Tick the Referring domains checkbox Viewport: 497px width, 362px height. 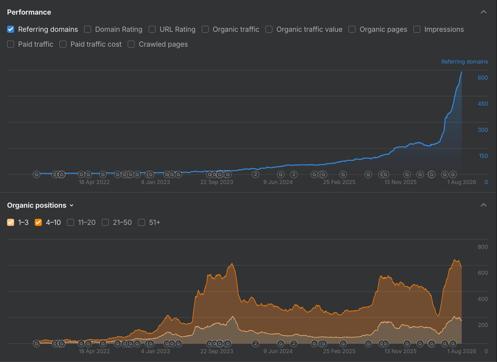pyautogui.click(x=11, y=29)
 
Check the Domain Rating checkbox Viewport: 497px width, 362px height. pyautogui.click(x=88, y=29)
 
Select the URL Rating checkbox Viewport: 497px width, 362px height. pyautogui.click(x=152, y=29)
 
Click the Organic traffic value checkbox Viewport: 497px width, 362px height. pyautogui.click(x=269, y=29)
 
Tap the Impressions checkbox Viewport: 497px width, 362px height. pyautogui.click(x=417, y=29)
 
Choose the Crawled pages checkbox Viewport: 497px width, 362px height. pyautogui.click(x=131, y=44)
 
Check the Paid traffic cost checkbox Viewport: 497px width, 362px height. pyautogui.click(x=63, y=44)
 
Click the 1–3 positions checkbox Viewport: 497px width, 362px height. pyautogui.click(x=11, y=222)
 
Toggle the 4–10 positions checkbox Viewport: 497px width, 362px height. pyautogui.click(x=38, y=222)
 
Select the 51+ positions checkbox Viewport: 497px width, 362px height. pyautogui.click(x=141, y=222)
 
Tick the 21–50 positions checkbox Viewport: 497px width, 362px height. pyautogui.click(x=105, y=222)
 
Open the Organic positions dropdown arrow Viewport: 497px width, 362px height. pyautogui.click(x=72, y=205)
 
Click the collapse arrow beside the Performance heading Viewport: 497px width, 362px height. pyautogui.click(x=483, y=12)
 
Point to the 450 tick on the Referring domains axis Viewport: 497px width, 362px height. pyautogui.click(x=483, y=104)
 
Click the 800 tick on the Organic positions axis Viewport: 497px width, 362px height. pyautogui.click(x=483, y=247)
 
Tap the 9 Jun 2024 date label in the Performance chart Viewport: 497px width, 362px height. pyautogui.click(x=278, y=182)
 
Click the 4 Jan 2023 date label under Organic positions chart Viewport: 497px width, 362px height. pyautogui.click(x=155, y=351)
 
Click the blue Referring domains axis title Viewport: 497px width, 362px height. pyautogui.click(x=465, y=62)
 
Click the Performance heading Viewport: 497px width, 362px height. pyautogui.click(x=29, y=12)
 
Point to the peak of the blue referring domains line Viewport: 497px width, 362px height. pyautogui.click(x=461, y=72)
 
